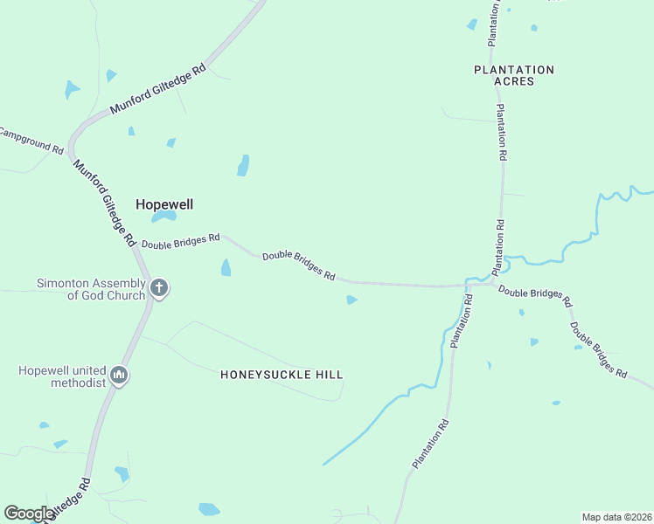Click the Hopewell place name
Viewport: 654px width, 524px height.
[x=163, y=204]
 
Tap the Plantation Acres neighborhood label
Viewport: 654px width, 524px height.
[x=513, y=75]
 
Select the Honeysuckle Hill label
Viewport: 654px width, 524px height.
[x=281, y=375]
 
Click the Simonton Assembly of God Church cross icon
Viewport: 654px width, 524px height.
[x=158, y=287]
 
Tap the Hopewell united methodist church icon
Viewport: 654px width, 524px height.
[x=120, y=376]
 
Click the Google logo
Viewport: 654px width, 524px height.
[x=30, y=514]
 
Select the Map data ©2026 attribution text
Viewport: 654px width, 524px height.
[x=616, y=516]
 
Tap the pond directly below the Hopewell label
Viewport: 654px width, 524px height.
[x=163, y=217]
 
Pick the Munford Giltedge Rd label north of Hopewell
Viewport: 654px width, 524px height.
[x=158, y=89]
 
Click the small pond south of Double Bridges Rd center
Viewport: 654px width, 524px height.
[x=351, y=300]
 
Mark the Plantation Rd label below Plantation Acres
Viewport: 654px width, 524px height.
[x=501, y=132]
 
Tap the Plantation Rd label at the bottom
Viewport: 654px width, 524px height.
[x=431, y=444]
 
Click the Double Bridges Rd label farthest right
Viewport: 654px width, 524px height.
[x=599, y=350]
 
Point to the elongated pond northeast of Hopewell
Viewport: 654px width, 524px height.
[x=243, y=165]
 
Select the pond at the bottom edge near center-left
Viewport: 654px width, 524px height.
[x=210, y=509]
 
